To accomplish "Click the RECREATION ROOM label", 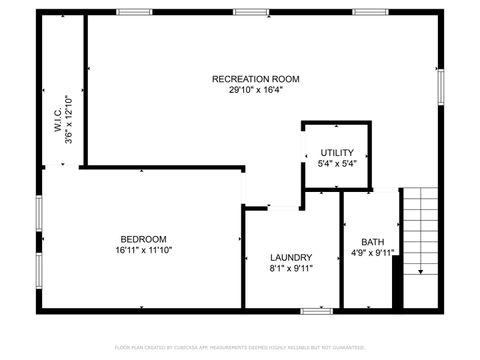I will pos(255,78).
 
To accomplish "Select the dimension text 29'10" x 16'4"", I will pos(255,89).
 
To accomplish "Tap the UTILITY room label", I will pos(336,153).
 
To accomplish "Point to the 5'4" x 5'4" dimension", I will pos(336,164).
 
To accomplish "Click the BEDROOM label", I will pos(143,239).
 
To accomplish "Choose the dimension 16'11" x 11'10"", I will pos(143,251).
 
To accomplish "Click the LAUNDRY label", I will pos(291,257).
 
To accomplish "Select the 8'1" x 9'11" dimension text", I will pos(291,268).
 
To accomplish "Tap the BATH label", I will pos(372,242).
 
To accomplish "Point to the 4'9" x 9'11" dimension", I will pos(372,253).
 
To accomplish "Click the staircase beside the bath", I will pos(420,230).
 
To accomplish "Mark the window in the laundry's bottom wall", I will pos(317,310).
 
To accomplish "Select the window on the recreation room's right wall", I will pos(440,83).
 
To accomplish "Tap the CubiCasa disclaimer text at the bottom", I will pos(240,347).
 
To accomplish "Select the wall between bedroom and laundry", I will pos(243,260).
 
